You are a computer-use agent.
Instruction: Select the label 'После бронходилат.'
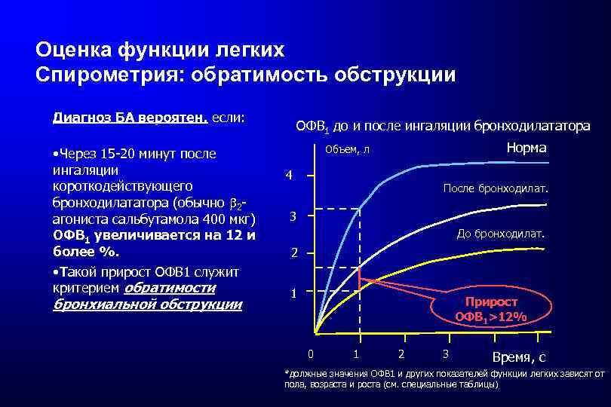496,188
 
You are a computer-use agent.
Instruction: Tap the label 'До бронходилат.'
500,234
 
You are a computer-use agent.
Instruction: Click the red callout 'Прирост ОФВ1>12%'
490,308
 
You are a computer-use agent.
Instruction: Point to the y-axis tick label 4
288,176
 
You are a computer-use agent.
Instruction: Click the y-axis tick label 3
295,218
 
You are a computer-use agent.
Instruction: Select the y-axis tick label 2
295,253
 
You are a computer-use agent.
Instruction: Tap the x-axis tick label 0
311,353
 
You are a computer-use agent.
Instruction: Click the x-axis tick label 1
356,353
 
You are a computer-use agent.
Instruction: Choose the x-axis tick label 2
401,353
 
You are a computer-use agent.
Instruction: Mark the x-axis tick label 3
446,353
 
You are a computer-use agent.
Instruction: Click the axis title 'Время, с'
518,357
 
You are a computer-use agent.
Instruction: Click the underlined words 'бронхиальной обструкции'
147,304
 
